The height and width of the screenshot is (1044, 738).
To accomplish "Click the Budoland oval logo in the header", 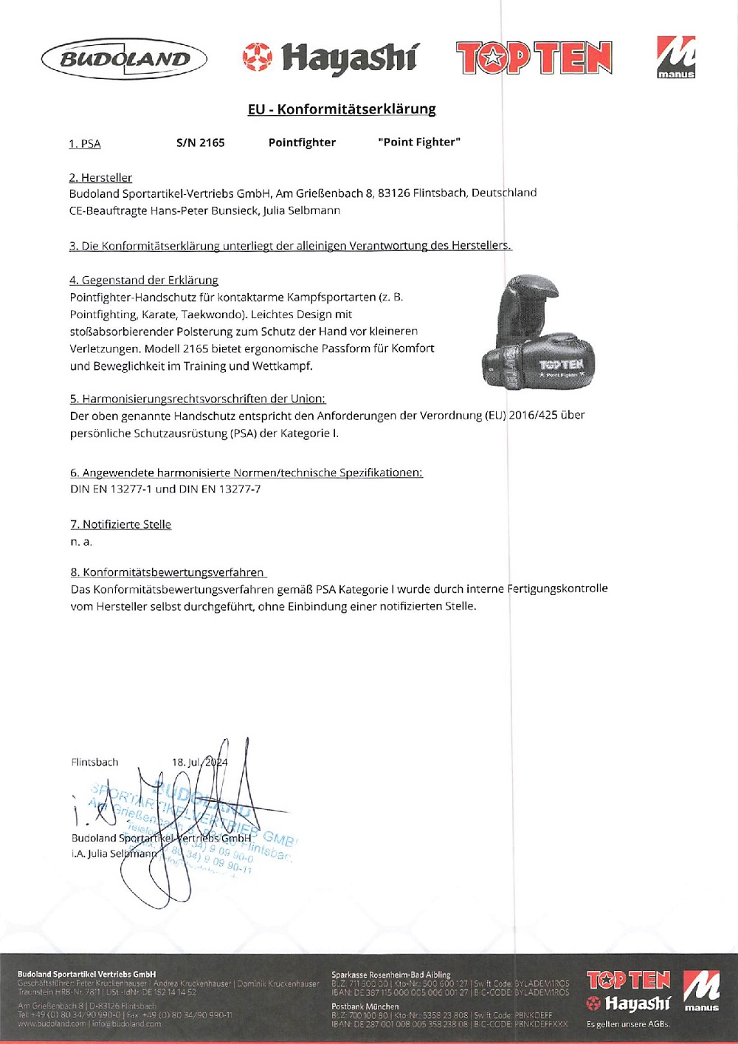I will point(124,59).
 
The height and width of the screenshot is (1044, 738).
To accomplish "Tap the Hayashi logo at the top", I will point(330,58).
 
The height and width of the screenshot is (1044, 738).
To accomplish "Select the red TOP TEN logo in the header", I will point(534,58).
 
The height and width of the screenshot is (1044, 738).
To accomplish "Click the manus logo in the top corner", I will point(676,58).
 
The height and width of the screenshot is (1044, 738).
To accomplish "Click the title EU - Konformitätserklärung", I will point(342,109).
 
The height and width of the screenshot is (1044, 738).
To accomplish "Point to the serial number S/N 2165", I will point(201,142).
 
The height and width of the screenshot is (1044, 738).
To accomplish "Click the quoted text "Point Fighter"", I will point(419,142).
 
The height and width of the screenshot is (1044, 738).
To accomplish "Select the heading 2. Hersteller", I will point(100,178).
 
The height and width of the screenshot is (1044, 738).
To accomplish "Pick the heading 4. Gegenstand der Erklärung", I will point(144,281).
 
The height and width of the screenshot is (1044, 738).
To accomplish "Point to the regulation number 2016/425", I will point(533,415).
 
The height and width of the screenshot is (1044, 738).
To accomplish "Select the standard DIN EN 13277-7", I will point(219,489).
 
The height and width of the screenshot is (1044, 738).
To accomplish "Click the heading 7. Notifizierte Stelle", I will point(121,524).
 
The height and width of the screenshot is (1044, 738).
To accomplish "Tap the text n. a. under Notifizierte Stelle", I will point(81,542).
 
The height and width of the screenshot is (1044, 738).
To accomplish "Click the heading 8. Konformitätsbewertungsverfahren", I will point(168,572).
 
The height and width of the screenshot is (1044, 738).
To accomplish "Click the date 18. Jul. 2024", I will point(199,762).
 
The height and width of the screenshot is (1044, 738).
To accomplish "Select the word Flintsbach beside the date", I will point(94,762).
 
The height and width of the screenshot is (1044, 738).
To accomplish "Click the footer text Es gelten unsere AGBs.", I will point(628,1024).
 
